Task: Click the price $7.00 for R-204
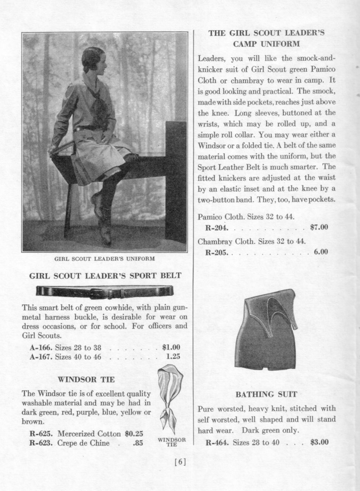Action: [319, 227]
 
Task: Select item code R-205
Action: [217, 253]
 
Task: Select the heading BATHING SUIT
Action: [266, 394]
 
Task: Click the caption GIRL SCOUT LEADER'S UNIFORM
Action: [104, 258]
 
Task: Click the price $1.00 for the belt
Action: [171, 347]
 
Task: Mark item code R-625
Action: [41, 433]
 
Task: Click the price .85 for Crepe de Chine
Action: [138, 443]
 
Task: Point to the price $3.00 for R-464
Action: [319, 442]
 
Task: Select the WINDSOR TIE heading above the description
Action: [86, 379]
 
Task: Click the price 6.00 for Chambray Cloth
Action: [321, 252]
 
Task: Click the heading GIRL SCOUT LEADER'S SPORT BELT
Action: [105, 275]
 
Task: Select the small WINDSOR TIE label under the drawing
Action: [172, 442]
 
